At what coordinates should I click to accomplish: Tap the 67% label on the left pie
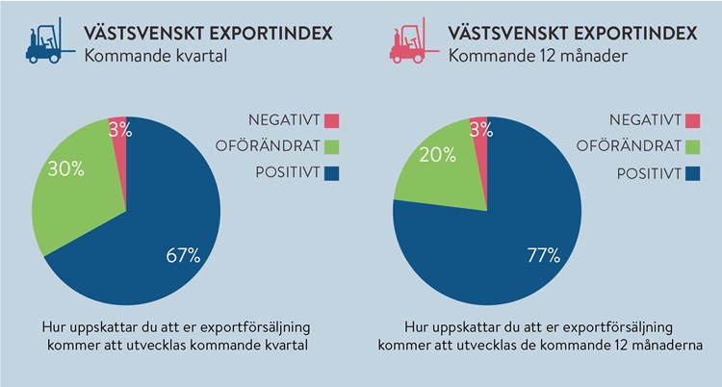[182, 255]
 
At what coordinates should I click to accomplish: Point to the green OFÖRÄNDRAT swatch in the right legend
[692, 147]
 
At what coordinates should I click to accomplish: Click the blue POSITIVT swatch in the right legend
[692, 174]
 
